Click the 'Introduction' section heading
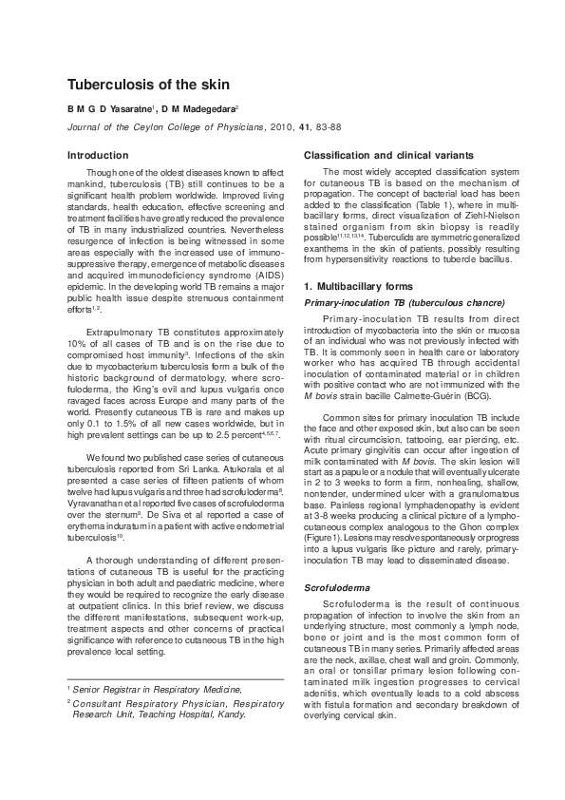(98, 155)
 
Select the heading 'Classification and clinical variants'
(386, 155)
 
